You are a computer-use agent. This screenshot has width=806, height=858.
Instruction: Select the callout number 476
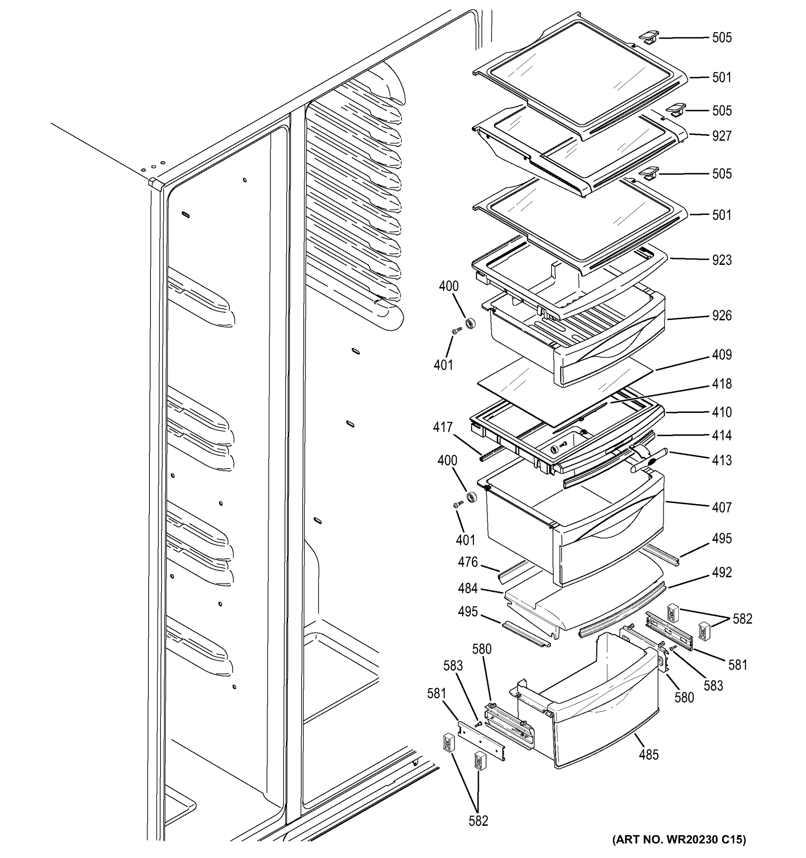tap(468, 562)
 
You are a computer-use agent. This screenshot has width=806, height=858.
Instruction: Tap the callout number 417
tap(443, 428)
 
